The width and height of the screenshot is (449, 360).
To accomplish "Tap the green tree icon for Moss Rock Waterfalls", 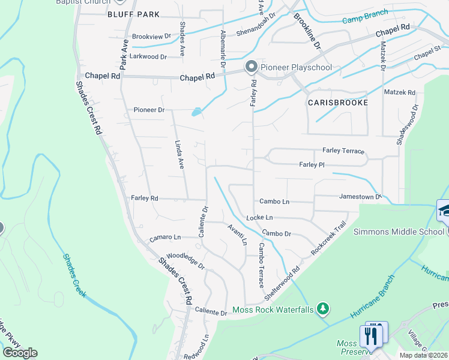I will coord(324,308).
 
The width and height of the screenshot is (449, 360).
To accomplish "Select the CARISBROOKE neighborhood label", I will coord(337,103).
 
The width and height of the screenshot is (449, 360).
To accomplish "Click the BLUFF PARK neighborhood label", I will coord(134,14).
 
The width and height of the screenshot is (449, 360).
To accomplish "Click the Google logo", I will coord(20,352).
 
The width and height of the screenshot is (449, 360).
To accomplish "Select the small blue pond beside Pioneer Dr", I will coord(196,112).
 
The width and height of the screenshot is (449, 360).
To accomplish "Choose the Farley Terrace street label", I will coord(343,151).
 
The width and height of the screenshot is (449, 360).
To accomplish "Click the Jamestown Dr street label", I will coord(360,196).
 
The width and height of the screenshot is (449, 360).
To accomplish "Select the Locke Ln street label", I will coord(259,217).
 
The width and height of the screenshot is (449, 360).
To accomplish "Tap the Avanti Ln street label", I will coord(237,235).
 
